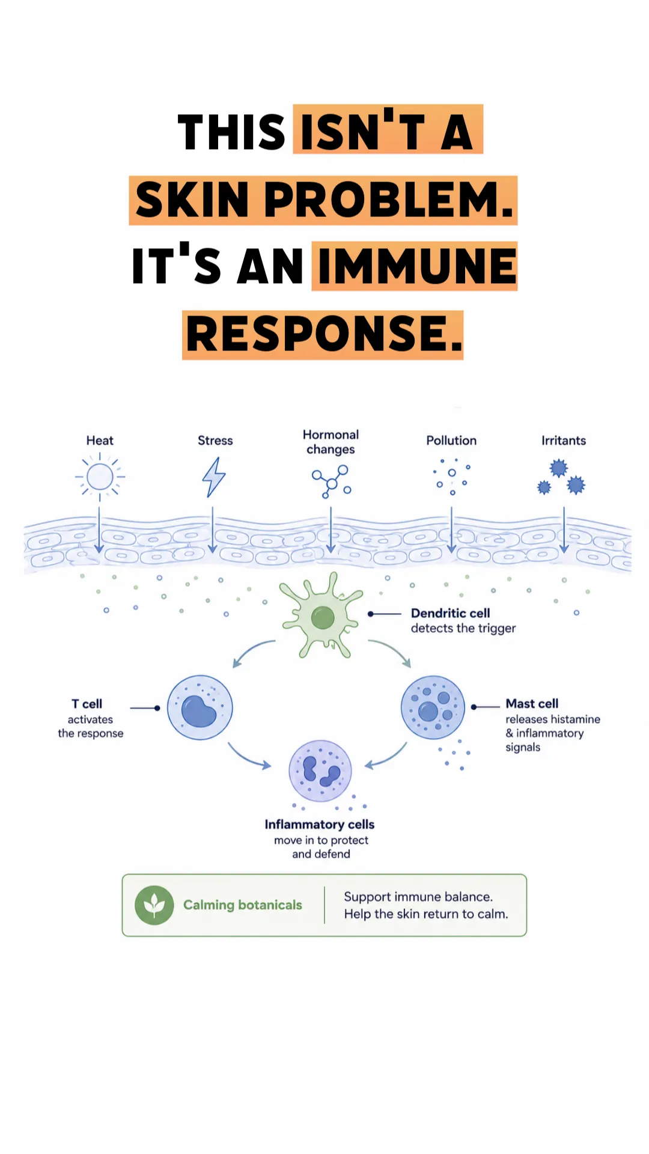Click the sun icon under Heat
tap(100, 477)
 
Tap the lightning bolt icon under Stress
tap(214, 477)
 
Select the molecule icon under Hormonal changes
tap(331, 481)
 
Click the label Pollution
tap(451, 441)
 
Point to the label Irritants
tap(564, 441)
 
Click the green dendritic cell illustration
tap(323, 616)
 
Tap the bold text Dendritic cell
tap(451, 613)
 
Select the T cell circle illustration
tap(200, 707)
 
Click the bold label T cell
tap(87, 704)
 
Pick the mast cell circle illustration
tap(433, 707)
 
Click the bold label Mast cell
tap(532, 703)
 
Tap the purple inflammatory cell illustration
tap(320, 771)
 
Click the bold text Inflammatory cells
tap(320, 825)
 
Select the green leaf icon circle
tap(154, 905)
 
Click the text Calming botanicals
tap(243, 905)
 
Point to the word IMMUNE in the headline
tap(417, 266)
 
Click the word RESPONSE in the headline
tap(323, 335)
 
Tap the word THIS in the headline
tap(231, 132)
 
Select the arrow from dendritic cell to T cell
tap(252, 650)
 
